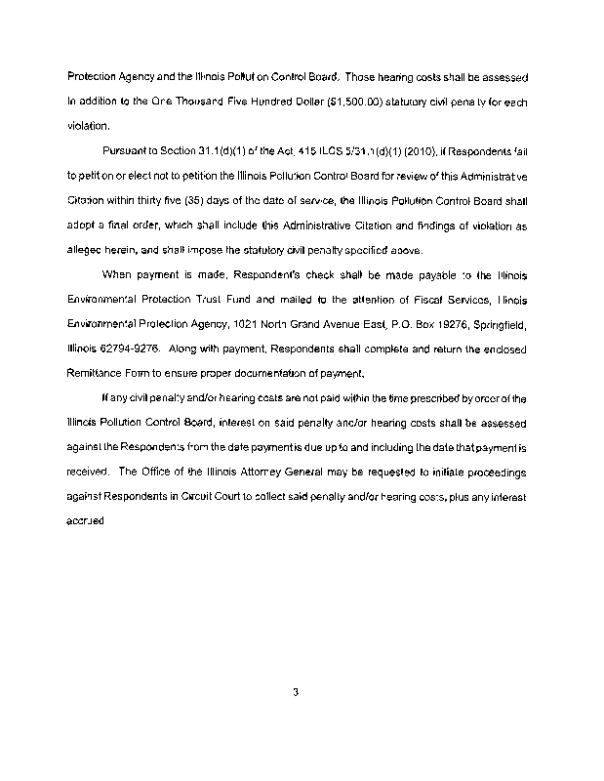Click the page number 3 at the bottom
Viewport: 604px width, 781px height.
pyautogui.click(x=295, y=694)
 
